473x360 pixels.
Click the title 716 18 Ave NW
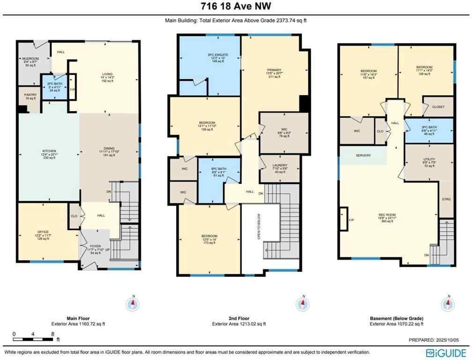[236, 6]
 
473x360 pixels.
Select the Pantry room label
[30, 95]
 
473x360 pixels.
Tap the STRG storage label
[446, 200]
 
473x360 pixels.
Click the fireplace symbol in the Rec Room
[344, 219]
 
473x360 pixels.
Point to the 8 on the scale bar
[52, 334]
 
